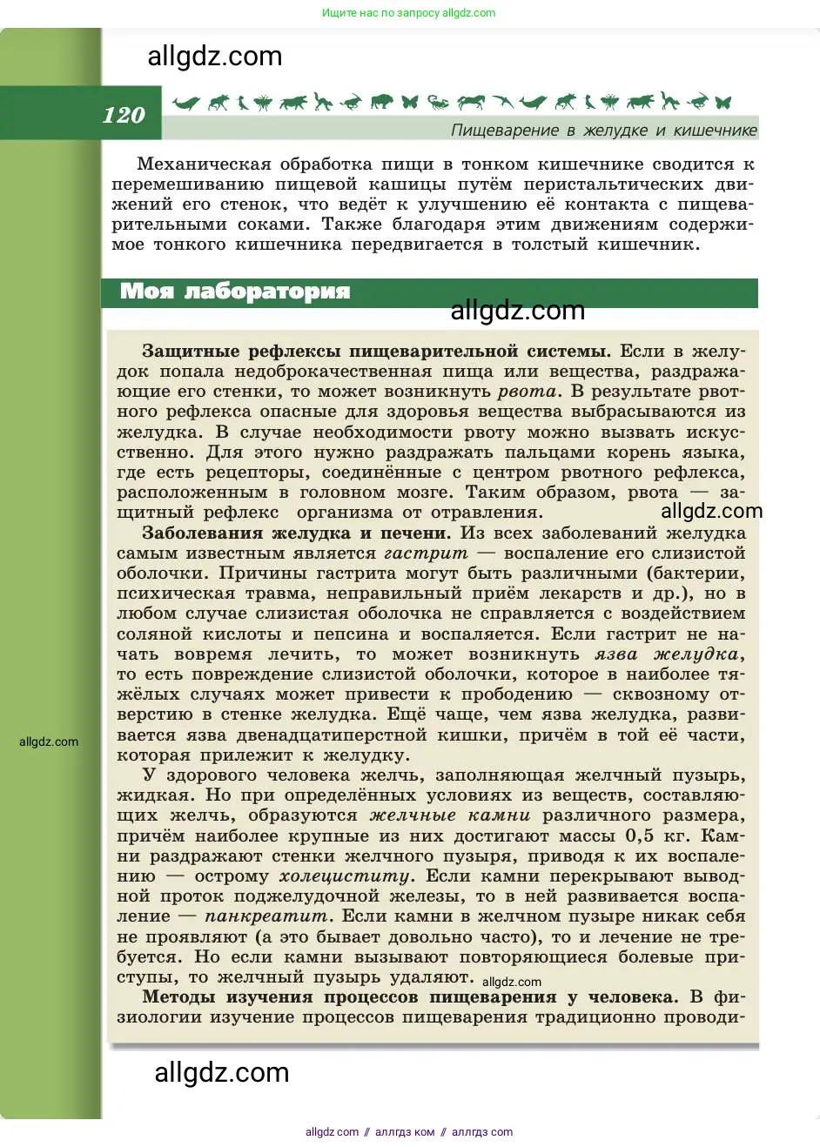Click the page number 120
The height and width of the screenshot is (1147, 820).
[x=124, y=116]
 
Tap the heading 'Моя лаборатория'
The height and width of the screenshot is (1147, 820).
[x=234, y=292]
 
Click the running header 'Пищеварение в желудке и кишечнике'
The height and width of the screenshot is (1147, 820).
[x=603, y=131]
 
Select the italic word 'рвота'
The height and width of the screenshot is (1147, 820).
[x=528, y=392]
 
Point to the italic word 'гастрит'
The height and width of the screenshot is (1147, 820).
[x=426, y=553]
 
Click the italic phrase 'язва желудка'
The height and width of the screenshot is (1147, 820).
[x=668, y=654]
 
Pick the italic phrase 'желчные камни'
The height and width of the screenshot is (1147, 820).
[x=449, y=815]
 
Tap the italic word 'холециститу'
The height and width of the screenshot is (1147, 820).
[x=345, y=876]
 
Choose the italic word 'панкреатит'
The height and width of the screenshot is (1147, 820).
[x=266, y=916]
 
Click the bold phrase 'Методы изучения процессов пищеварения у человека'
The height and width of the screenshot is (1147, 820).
[x=408, y=997]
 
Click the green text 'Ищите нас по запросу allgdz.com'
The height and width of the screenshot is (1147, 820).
[x=408, y=13]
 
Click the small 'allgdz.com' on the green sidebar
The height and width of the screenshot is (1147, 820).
[x=49, y=742]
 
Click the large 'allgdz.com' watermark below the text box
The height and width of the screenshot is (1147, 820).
[x=222, y=1073]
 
